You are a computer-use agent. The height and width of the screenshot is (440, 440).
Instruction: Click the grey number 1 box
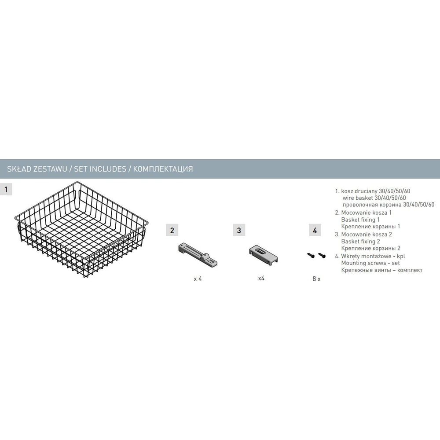tap(6, 189)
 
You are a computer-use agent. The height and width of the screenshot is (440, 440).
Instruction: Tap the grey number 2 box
tap(172, 231)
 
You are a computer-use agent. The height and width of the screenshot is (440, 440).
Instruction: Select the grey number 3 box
tap(239, 230)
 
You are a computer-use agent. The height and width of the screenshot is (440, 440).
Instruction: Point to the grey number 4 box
tap(315, 230)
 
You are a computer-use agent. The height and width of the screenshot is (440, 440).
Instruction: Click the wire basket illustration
tap(81, 230)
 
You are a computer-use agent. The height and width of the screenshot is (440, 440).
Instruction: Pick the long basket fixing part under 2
tap(198, 254)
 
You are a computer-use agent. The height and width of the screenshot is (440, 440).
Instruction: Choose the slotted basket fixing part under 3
tap(263, 254)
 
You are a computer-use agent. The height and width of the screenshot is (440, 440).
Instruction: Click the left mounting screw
tap(311, 255)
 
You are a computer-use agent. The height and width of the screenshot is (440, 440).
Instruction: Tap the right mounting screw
tap(322, 255)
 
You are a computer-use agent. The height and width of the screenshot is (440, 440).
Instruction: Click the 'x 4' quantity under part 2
tap(198, 279)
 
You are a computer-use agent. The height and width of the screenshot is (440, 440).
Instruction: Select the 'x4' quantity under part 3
tap(261, 278)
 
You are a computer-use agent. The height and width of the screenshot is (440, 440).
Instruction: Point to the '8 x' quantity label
tap(316, 279)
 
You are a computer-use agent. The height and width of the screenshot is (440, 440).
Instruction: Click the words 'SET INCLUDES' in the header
tap(100, 169)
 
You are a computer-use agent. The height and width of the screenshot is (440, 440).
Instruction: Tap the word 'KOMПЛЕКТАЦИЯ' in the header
tap(163, 169)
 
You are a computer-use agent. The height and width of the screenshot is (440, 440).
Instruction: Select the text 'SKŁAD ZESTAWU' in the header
tap(37, 169)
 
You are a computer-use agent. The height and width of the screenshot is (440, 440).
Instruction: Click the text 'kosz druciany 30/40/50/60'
tap(375, 191)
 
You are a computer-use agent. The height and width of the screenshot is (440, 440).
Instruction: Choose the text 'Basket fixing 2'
tap(361, 241)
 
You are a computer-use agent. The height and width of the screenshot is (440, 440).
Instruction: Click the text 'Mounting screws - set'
tap(370, 263)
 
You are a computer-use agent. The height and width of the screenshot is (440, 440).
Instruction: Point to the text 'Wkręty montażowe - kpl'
tap(373, 256)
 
